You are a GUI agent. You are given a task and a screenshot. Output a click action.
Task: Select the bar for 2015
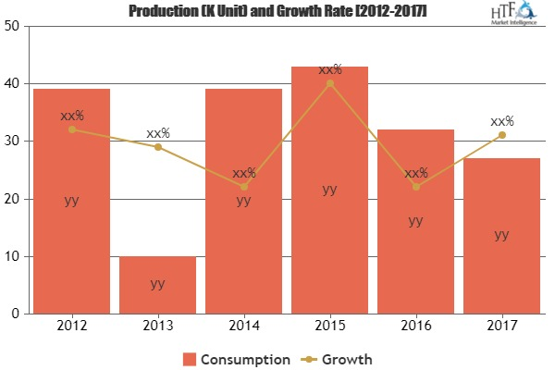[x=329, y=231]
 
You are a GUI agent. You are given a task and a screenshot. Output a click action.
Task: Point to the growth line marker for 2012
[x=71, y=129]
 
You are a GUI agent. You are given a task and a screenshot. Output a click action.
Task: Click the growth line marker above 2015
[x=329, y=83]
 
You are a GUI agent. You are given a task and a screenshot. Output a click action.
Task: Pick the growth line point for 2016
[x=415, y=187]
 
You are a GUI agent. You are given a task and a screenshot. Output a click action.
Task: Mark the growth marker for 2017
[x=501, y=135]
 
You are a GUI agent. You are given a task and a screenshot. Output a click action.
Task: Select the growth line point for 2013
[x=157, y=147]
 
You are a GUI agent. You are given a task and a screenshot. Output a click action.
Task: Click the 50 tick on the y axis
[x=15, y=26]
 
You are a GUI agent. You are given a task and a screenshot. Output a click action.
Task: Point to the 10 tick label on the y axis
[x=15, y=256]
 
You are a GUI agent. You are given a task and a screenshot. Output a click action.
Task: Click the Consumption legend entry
[x=236, y=358]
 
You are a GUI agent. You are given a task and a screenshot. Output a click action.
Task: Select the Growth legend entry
[x=339, y=358]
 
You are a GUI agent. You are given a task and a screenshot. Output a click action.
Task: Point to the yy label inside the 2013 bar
[x=157, y=284]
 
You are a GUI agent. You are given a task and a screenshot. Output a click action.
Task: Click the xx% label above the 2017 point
[x=501, y=121]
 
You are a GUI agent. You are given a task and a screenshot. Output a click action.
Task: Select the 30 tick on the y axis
[x=15, y=142]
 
